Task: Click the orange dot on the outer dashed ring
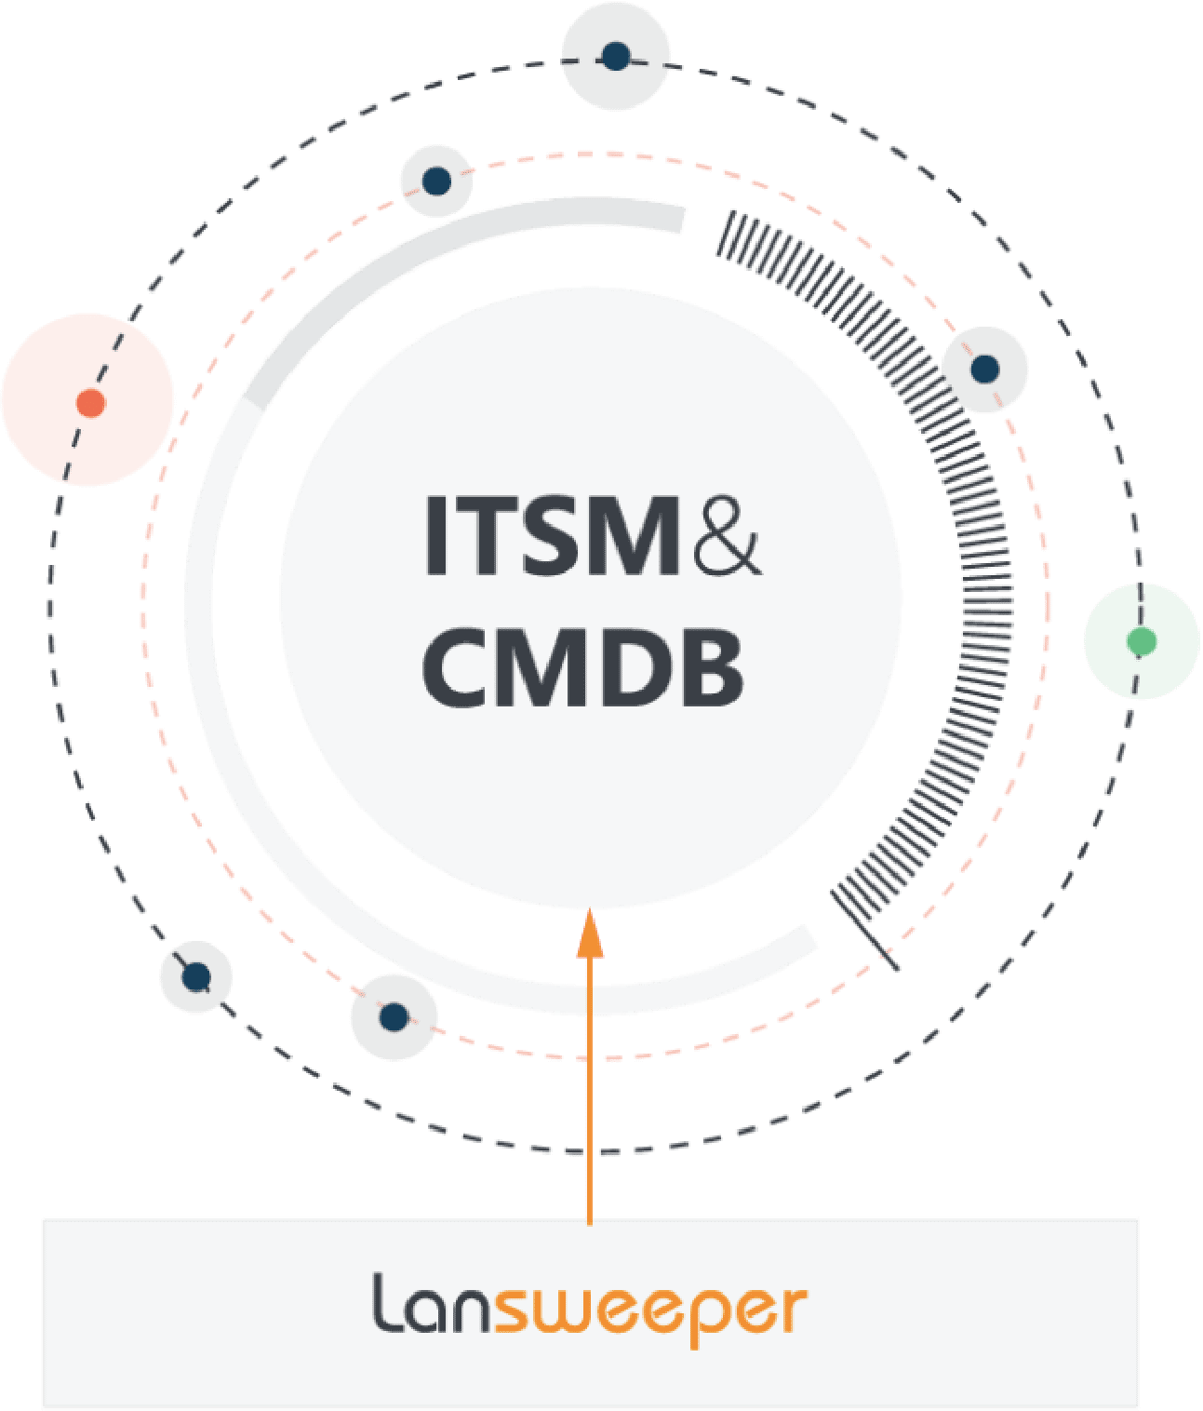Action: click(x=91, y=403)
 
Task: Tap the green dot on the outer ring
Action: click(x=1142, y=641)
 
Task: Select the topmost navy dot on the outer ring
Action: click(x=616, y=55)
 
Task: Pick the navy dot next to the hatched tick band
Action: click(x=984, y=370)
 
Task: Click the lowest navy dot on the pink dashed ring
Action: click(x=394, y=1017)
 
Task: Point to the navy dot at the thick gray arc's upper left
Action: click(x=436, y=181)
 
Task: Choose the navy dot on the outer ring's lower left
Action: click(x=196, y=977)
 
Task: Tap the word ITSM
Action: click(x=553, y=536)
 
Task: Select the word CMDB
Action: click(x=582, y=667)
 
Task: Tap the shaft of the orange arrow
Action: click(x=590, y=1092)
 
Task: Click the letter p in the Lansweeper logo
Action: click(x=703, y=1318)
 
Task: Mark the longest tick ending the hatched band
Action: click(x=864, y=932)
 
